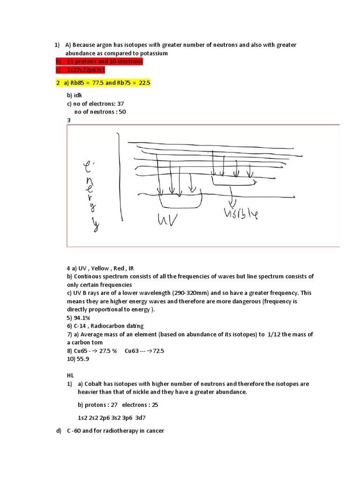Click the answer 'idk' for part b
click(77, 95)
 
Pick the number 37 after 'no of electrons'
click(120, 104)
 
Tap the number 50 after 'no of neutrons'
click(122, 112)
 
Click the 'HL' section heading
click(71, 375)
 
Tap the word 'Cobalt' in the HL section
click(94, 384)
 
